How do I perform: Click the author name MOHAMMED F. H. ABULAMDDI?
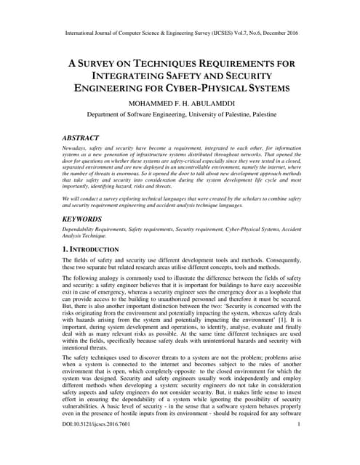click(180, 104)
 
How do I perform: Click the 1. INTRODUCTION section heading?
click(95, 249)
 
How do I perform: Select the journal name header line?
click(180, 33)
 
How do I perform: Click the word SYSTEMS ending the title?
click(267, 89)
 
